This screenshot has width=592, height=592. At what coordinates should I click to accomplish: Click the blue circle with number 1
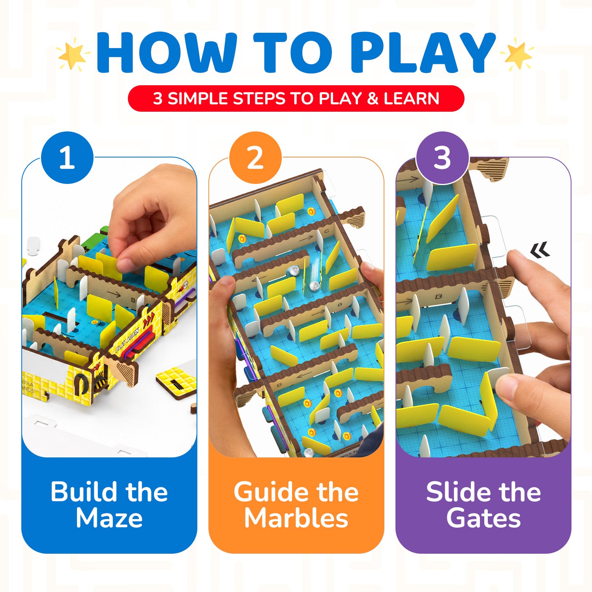coord(67,157)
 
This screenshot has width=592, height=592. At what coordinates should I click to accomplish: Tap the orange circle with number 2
coord(255,157)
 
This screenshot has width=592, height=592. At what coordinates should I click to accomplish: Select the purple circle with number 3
coord(442,157)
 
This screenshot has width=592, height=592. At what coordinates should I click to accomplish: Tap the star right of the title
coord(517,54)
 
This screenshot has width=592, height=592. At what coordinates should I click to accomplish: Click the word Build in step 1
coord(79,492)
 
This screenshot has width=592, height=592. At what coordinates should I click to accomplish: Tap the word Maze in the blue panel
coord(109,518)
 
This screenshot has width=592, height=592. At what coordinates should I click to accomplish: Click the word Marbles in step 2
coord(296,518)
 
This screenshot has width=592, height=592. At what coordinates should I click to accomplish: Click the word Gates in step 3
coord(483,518)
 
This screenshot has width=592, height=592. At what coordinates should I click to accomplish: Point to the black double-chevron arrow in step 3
coord(540,250)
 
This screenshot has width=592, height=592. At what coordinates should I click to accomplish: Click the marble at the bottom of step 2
coord(308,453)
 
